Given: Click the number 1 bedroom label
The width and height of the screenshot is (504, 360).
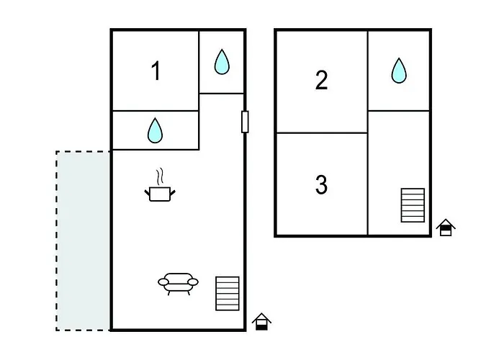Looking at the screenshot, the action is (156, 71).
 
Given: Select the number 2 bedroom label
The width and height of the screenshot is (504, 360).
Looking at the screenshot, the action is (321, 80).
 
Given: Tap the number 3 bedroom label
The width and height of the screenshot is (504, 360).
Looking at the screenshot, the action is (321, 184).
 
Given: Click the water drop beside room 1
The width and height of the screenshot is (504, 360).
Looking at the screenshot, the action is (222, 62).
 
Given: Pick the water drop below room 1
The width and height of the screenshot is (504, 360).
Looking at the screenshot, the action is (155, 130).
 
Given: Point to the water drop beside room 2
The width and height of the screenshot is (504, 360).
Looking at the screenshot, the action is (399, 71).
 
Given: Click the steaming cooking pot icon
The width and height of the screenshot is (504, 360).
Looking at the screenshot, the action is (160, 186).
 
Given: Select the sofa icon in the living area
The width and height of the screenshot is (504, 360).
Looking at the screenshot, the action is (178, 284).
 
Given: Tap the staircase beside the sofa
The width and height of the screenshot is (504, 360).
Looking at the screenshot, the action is (228, 294).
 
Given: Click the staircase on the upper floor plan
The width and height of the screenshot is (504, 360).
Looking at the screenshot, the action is (413, 205).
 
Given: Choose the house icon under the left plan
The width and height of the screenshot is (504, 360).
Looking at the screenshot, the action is (261, 321).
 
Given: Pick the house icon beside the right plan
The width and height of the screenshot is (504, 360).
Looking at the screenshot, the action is (446, 228).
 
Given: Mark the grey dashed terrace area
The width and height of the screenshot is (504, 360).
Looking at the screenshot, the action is (84, 240).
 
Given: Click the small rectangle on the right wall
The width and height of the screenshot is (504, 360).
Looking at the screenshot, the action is (245, 122).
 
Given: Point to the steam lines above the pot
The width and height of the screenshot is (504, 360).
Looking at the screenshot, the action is (160, 176).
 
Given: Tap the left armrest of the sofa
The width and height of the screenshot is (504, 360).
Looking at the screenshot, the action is (163, 282).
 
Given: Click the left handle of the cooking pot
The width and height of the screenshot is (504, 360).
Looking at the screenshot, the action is (148, 193).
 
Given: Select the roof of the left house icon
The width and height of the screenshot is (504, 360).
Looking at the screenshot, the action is (261, 318).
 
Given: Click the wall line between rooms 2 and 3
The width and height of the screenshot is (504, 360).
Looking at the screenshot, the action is (322, 132).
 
